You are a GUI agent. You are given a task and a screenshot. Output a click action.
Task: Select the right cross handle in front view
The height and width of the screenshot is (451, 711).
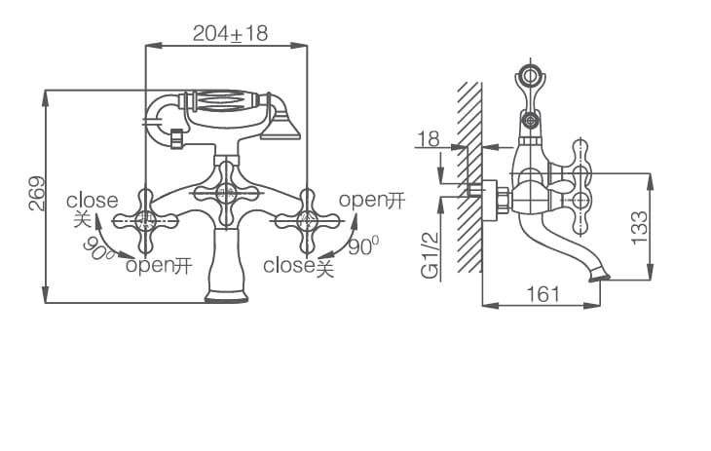pos(310,219)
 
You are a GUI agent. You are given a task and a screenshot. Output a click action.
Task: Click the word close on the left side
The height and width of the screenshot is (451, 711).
pos(92,201)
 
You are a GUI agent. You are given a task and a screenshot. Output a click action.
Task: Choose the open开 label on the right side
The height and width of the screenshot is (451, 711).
pos(371,201)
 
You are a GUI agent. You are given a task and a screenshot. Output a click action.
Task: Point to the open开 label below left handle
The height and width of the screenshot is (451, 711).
pos(158,265)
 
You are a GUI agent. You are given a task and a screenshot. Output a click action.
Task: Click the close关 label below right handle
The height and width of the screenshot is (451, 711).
pos(298,265)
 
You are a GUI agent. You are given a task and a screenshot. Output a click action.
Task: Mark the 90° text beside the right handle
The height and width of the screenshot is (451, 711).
pos(362,246)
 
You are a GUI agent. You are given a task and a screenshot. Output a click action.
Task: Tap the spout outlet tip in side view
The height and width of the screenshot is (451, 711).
pos(599,277)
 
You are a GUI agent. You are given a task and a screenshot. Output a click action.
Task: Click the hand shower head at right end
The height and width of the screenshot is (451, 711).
pos(284,124)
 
